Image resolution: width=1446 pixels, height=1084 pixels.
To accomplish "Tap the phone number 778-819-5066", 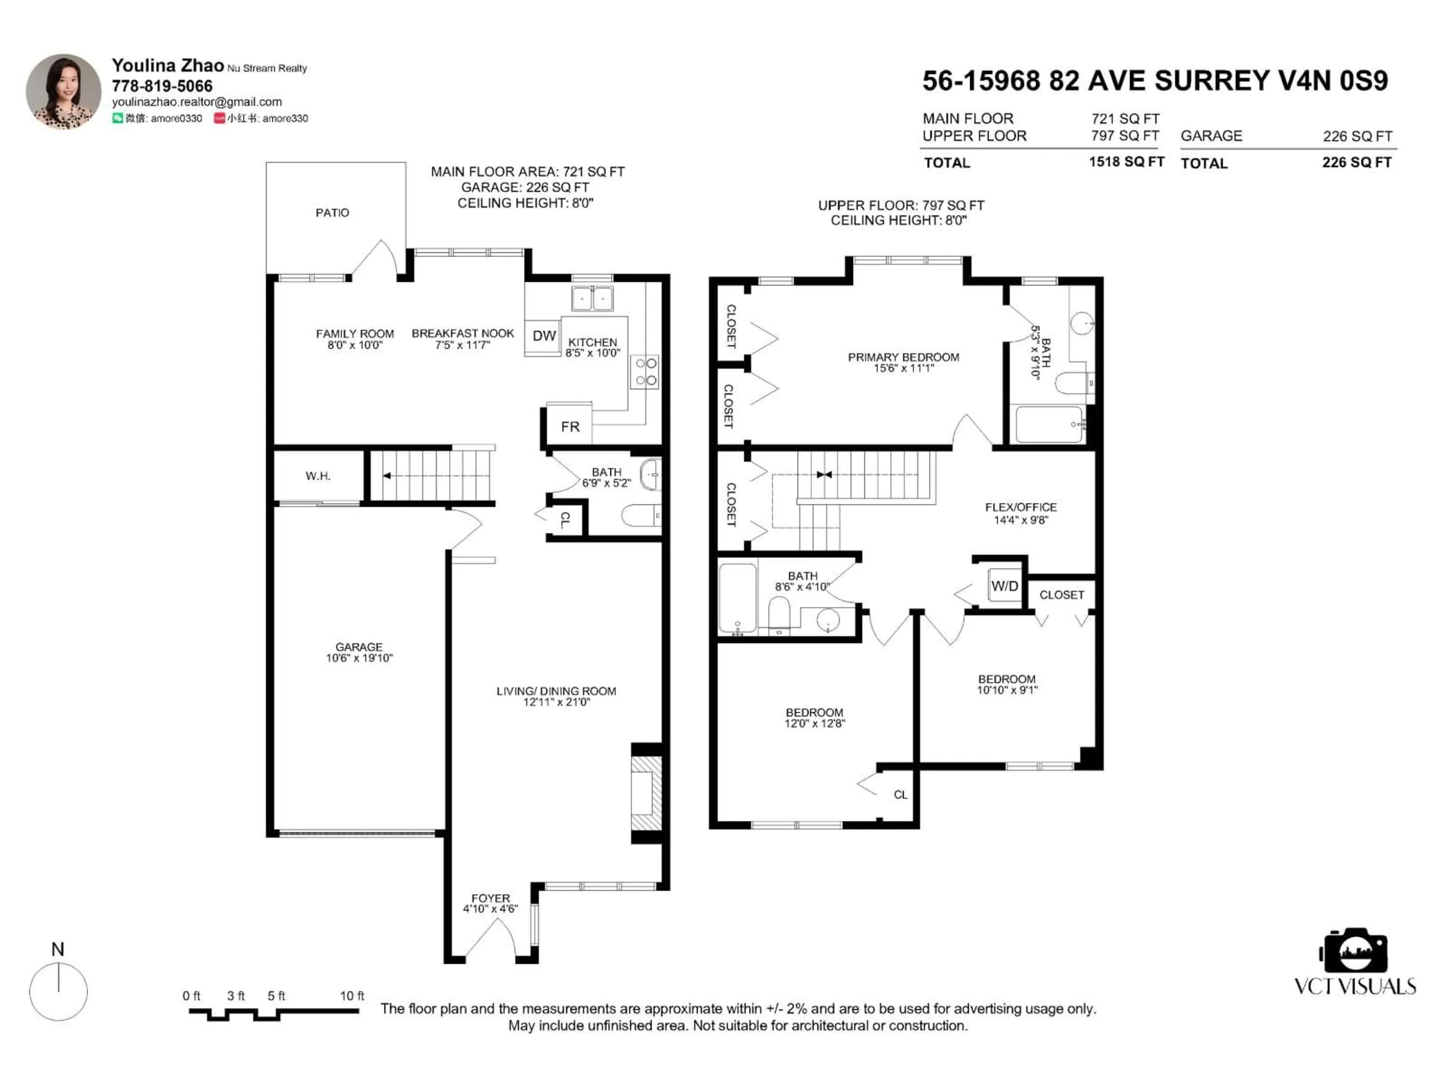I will [x=162, y=86].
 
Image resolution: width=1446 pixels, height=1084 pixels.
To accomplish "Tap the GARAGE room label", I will [x=359, y=647].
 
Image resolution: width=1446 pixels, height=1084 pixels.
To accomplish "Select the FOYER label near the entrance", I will [x=490, y=898].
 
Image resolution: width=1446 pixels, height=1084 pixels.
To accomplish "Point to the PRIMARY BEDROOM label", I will [x=903, y=358].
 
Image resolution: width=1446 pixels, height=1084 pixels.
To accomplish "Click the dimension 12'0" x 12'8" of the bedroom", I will [x=815, y=724].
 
